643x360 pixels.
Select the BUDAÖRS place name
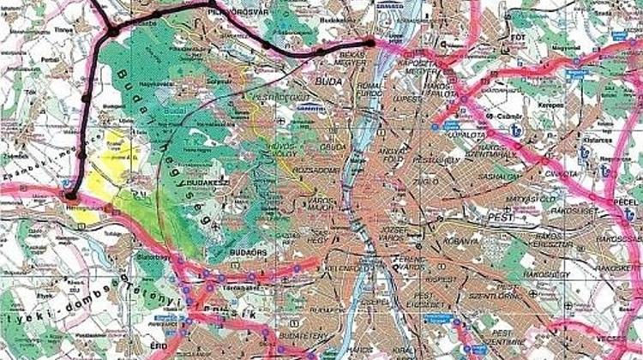246,252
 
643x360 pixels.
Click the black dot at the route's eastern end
370,42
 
